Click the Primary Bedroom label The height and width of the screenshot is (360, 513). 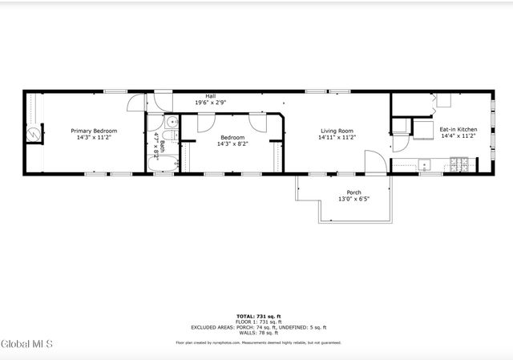click(x=94, y=131)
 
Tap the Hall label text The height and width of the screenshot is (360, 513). click(x=210, y=96)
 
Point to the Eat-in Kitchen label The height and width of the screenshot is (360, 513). click(x=458, y=129)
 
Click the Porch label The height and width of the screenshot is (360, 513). click(x=353, y=192)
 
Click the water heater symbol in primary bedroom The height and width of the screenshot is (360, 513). click(x=33, y=134)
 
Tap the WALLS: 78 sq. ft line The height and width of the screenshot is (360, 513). click(x=258, y=332)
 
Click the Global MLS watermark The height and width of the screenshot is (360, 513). click(x=27, y=344)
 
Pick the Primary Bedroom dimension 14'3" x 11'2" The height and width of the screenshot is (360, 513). click(x=94, y=137)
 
